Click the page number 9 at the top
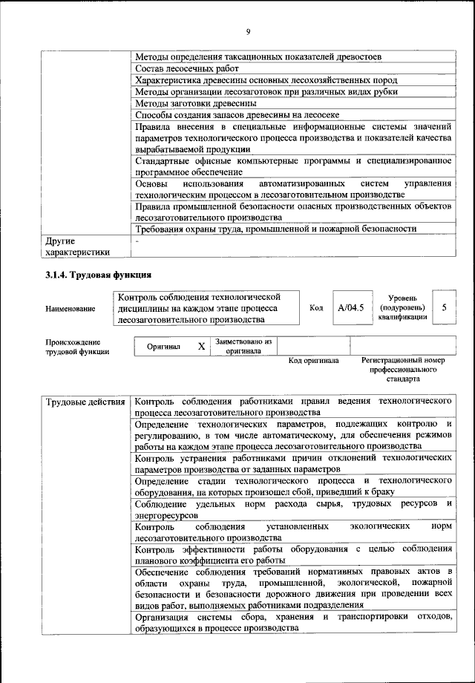click(x=249, y=30)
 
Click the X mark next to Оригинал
click(x=201, y=347)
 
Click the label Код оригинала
click(x=313, y=360)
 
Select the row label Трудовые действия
click(x=85, y=402)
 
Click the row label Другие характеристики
click(x=77, y=246)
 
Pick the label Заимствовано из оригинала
click(x=244, y=346)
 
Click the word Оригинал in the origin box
click(x=163, y=347)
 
